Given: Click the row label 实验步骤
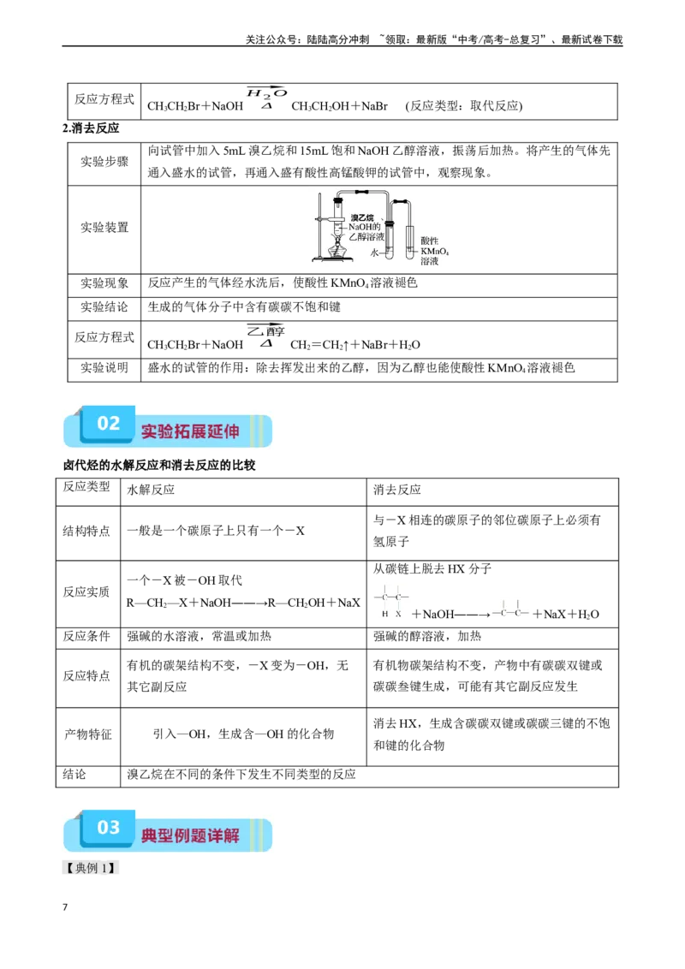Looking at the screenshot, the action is pyautogui.click(x=104, y=162).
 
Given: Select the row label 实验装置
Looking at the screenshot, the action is pyautogui.click(x=104, y=228).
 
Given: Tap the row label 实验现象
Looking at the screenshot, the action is pyautogui.click(x=104, y=283).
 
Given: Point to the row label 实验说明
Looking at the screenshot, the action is pyautogui.click(x=104, y=368).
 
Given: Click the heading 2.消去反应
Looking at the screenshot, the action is pyautogui.click(x=91, y=128).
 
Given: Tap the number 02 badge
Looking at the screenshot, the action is pyautogui.click(x=108, y=424).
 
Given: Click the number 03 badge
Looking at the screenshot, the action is pyautogui.click(x=108, y=827).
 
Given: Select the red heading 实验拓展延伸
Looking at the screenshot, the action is pyautogui.click(x=190, y=431).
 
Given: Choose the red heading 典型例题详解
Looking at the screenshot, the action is pyautogui.click(x=190, y=835).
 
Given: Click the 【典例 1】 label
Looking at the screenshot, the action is pyautogui.click(x=90, y=868).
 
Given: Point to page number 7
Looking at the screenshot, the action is pyautogui.click(x=65, y=907).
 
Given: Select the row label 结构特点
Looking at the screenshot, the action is pyautogui.click(x=86, y=531).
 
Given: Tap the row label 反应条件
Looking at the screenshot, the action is pyautogui.click(x=86, y=636).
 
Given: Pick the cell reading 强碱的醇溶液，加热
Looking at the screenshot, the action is pyautogui.click(x=427, y=636).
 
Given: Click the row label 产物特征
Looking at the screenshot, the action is pyautogui.click(x=88, y=734).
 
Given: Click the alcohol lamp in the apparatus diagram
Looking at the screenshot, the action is pyautogui.click(x=337, y=250).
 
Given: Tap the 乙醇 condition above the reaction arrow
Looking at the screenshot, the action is pyautogui.click(x=266, y=331).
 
